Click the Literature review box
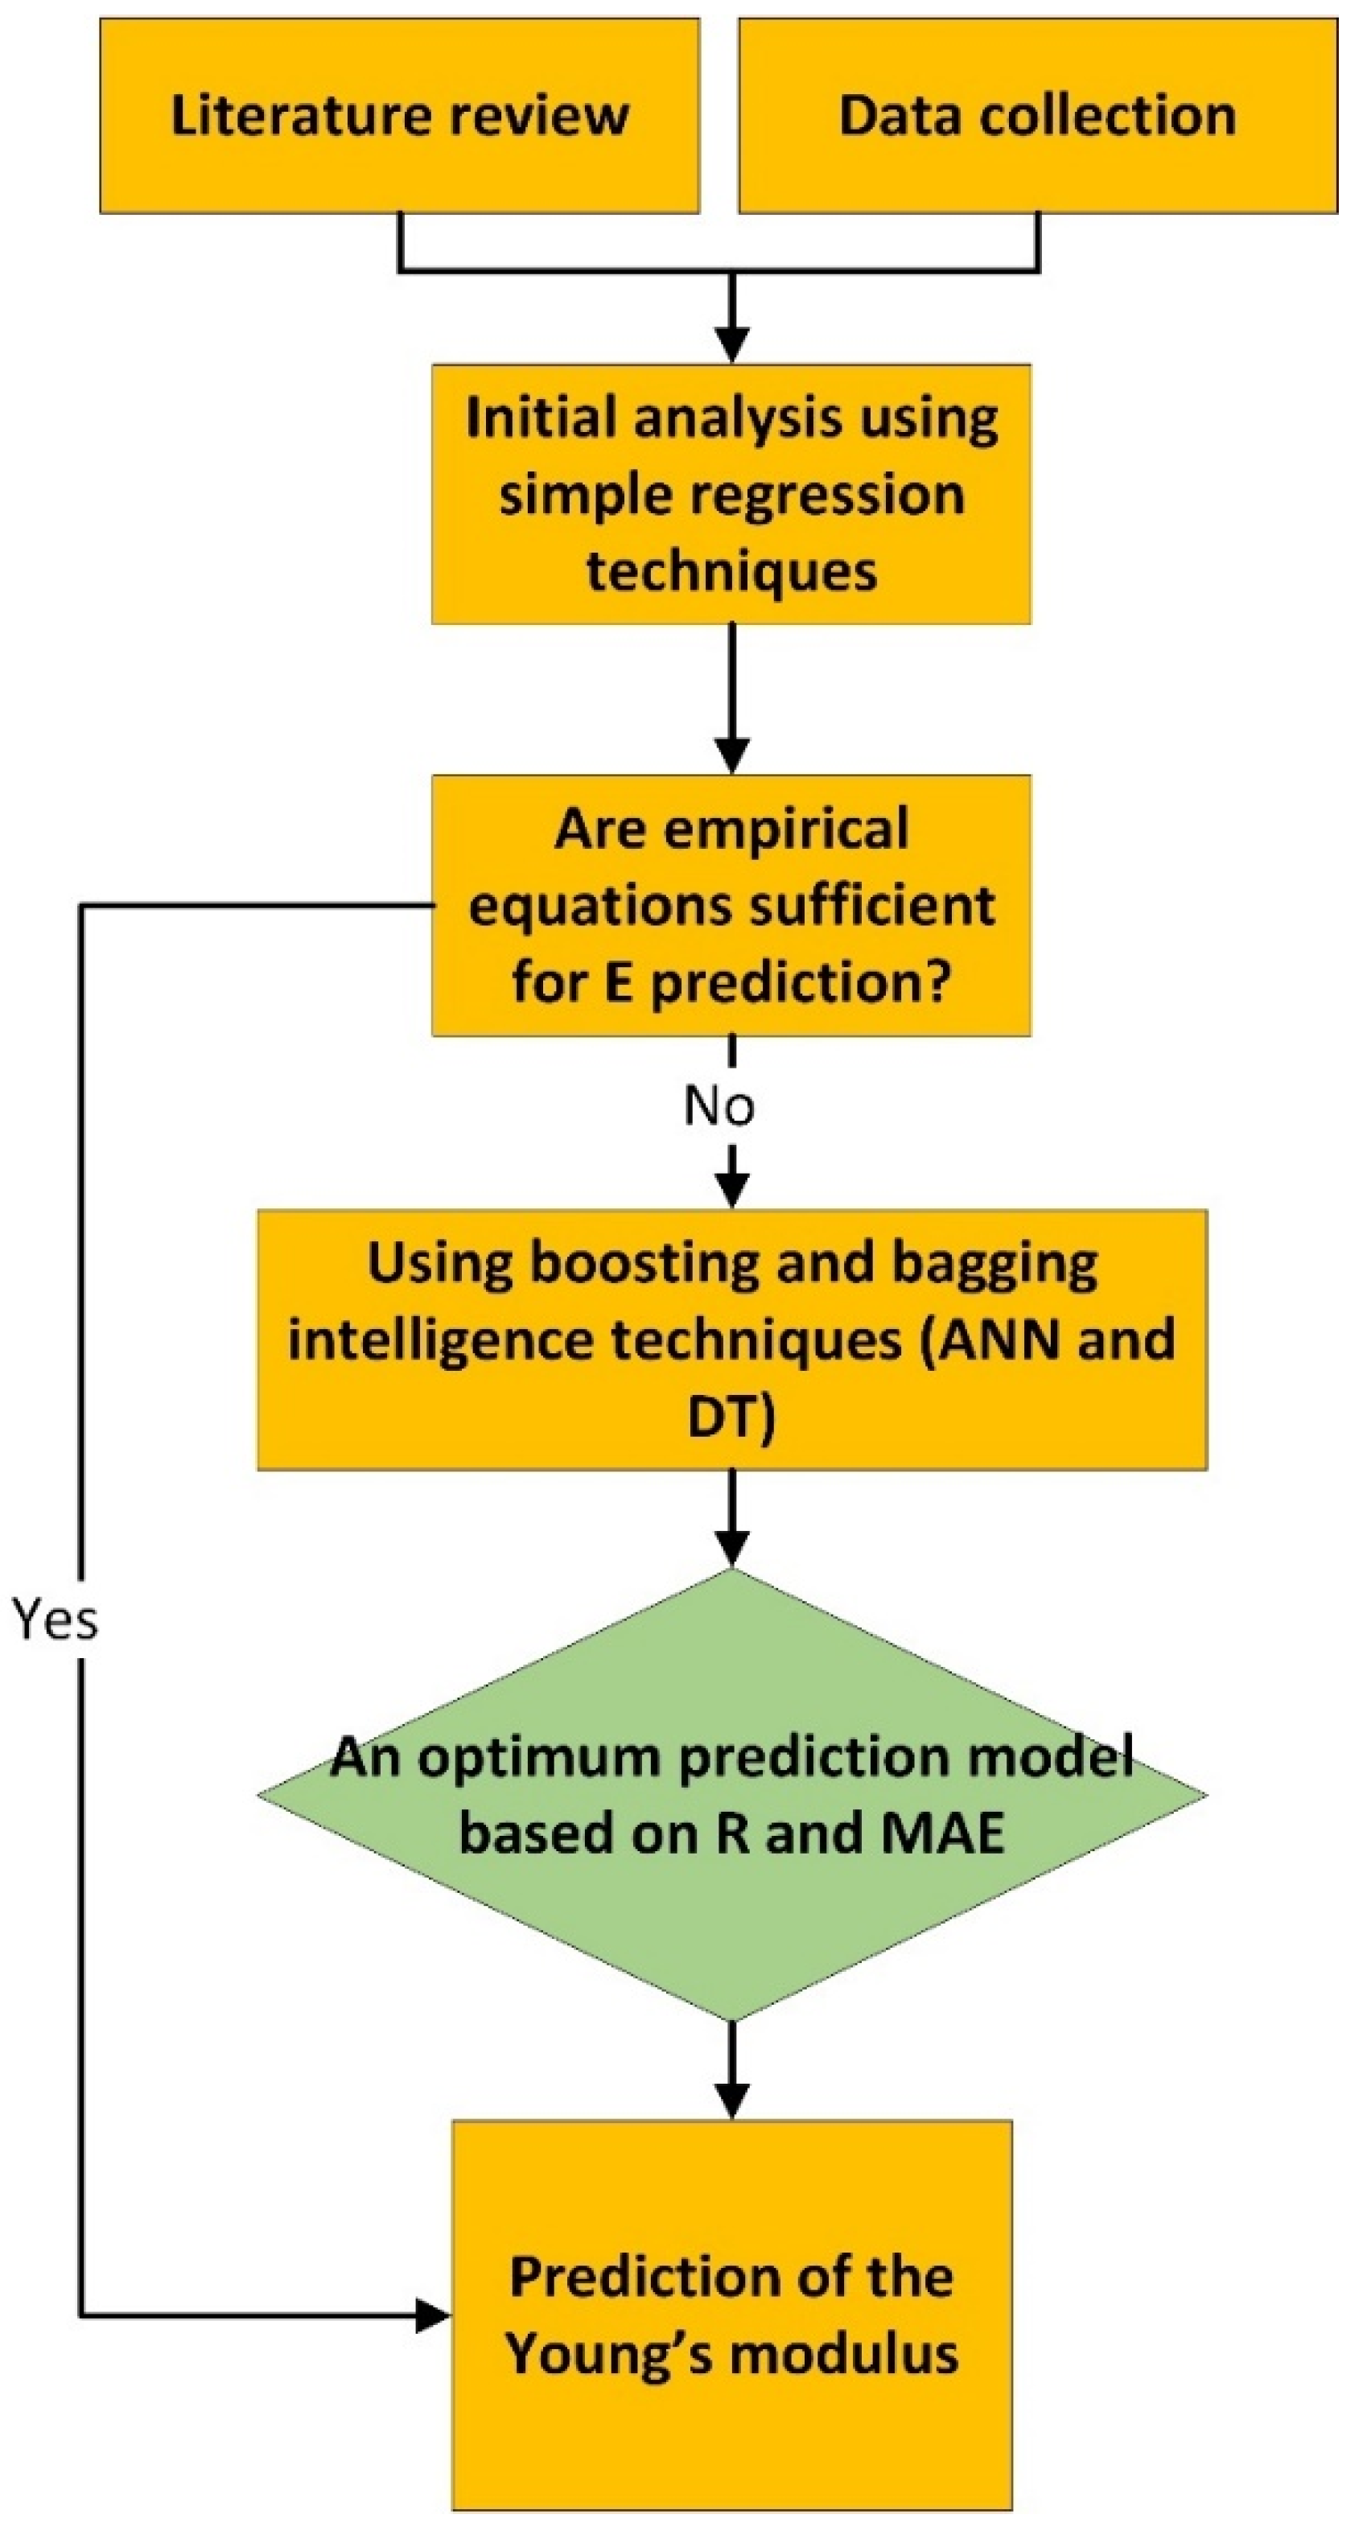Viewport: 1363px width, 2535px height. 400,116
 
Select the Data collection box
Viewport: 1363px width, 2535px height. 1037,116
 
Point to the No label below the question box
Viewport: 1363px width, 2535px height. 719,1106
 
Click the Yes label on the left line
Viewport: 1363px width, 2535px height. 56,1619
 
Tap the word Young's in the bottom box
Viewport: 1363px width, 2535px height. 605,2354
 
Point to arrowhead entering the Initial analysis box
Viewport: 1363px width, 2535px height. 731,345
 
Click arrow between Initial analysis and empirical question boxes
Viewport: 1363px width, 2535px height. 731,698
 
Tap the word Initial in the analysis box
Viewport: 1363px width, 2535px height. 540,418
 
